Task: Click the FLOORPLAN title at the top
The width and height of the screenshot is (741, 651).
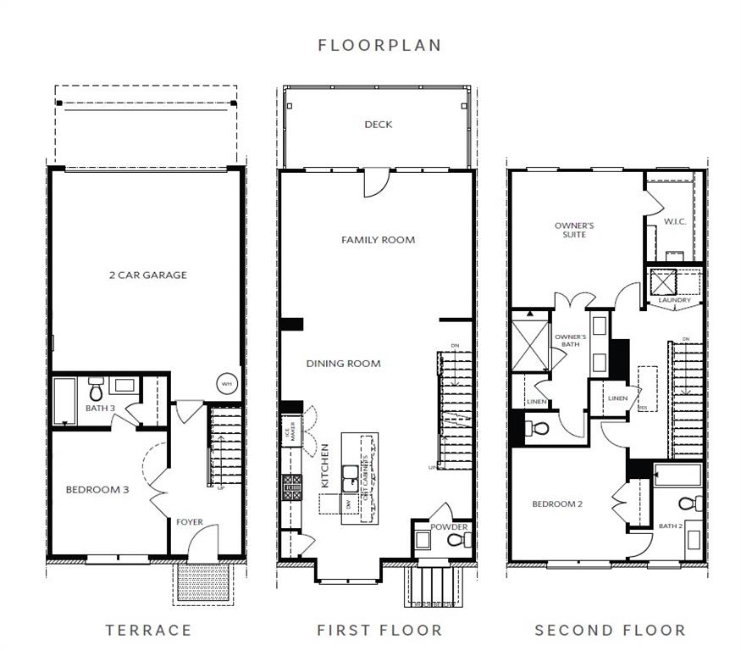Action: click(379, 45)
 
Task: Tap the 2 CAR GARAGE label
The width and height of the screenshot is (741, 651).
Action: click(148, 275)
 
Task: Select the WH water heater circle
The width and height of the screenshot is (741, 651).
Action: click(227, 384)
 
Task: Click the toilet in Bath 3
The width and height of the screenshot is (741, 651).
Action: click(96, 392)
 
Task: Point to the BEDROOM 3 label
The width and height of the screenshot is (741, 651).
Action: click(97, 489)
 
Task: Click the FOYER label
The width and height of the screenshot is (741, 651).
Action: click(189, 522)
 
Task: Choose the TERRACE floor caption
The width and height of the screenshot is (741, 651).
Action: click(148, 630)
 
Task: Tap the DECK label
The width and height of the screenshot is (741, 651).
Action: click(378, 125)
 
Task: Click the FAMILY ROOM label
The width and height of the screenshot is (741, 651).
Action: click(378, 240)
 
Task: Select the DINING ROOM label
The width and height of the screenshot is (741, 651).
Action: click(343, 364)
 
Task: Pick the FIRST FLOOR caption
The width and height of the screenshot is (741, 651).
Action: click(379, 630)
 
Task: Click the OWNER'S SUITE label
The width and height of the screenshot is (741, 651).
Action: click(574, 230)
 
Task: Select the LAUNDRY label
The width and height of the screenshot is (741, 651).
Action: click(675, 300)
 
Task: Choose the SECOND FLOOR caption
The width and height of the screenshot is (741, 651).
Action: click(610, 630)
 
